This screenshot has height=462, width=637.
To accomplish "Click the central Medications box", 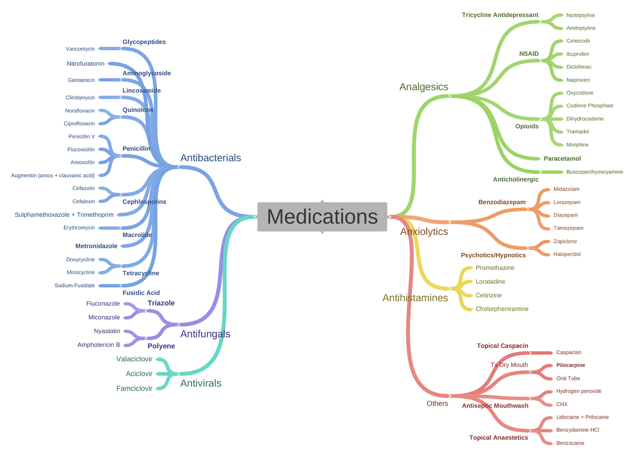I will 322,217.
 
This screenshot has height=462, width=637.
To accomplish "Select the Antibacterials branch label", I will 211,158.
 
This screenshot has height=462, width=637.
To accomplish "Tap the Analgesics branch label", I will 424,87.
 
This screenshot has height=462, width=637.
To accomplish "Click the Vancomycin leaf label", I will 80,49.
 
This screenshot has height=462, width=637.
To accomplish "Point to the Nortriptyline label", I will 580,15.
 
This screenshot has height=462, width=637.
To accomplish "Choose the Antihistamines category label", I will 415,298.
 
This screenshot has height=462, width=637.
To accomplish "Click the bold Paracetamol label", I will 562,158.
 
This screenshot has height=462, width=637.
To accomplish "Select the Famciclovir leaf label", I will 134,388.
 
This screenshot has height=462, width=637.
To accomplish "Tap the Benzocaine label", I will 570,443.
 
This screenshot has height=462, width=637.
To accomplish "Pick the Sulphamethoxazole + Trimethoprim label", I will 64,215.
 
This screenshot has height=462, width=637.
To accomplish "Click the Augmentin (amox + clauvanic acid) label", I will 53,175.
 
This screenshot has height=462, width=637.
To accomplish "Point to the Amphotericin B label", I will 99,345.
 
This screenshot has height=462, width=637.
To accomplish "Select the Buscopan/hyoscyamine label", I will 594,172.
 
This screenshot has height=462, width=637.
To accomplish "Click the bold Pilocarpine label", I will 570,365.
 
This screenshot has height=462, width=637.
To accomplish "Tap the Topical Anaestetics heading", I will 499,438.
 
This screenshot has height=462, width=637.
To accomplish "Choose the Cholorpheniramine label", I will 502,309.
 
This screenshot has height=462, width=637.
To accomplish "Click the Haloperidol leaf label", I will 567,254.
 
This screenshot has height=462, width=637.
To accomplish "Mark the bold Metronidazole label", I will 97,246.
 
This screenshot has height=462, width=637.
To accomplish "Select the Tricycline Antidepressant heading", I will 500,15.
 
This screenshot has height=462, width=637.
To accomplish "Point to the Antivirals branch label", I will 201,383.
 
